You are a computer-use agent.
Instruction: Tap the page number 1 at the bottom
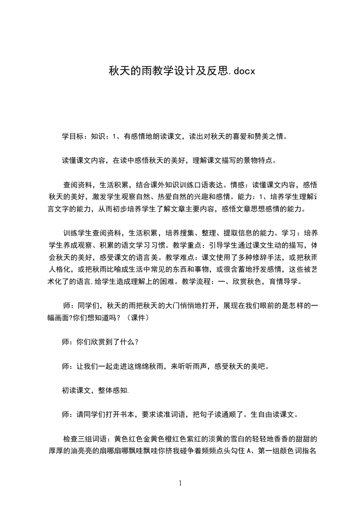[x=180, y=483]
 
